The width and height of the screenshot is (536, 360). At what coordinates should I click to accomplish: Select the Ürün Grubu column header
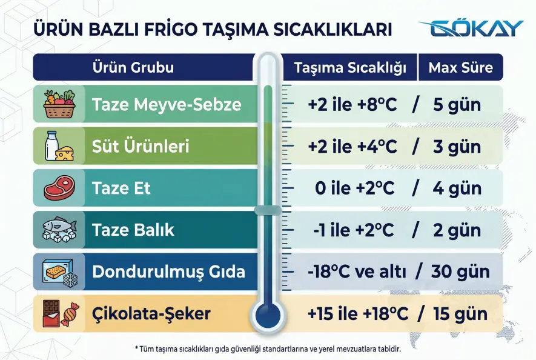tap(133, 67)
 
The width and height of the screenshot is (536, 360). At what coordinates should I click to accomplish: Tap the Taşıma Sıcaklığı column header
tap(350, 67)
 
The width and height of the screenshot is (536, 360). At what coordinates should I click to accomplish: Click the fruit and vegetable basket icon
tap(59, 104)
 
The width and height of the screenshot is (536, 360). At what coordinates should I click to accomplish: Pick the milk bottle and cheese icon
tap(59, 147)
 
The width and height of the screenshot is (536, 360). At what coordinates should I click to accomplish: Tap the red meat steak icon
tap(59, 188)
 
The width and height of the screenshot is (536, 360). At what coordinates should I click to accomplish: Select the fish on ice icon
tap(59, 230)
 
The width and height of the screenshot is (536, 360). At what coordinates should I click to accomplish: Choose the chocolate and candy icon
tap(59, 314)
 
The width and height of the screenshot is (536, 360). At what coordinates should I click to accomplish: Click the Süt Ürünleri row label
tap(141, 147)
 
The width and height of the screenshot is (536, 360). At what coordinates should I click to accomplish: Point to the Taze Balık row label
tap(133, 230)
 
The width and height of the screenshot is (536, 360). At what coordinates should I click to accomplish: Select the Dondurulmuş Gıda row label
tap(168, 272)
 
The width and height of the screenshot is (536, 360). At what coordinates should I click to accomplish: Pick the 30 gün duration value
tap(460, 272)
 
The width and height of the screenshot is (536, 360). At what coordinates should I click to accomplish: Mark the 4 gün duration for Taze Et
tap(457, 188)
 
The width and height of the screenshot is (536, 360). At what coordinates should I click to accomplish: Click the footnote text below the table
tap(268, 348)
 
